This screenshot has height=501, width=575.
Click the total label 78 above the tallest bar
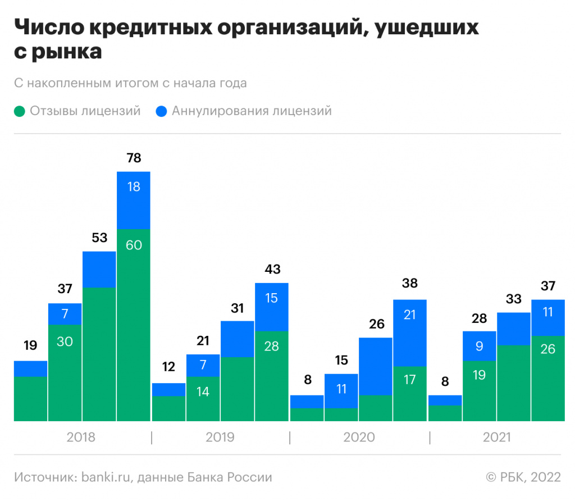pos(134,158)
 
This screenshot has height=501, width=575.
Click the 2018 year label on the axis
pos(81,437)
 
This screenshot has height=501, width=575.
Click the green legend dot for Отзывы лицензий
pos(20,111)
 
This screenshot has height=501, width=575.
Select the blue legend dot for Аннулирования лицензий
pos(162,111)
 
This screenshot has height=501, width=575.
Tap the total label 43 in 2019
pos(272,269)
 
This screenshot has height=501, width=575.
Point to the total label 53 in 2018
pos(99,238)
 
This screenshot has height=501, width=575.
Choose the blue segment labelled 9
pos(480,346)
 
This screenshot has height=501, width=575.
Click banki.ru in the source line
pos(106,477)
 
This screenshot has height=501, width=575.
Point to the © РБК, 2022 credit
pos(523,477)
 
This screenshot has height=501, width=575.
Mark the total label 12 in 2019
pos(168,367)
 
